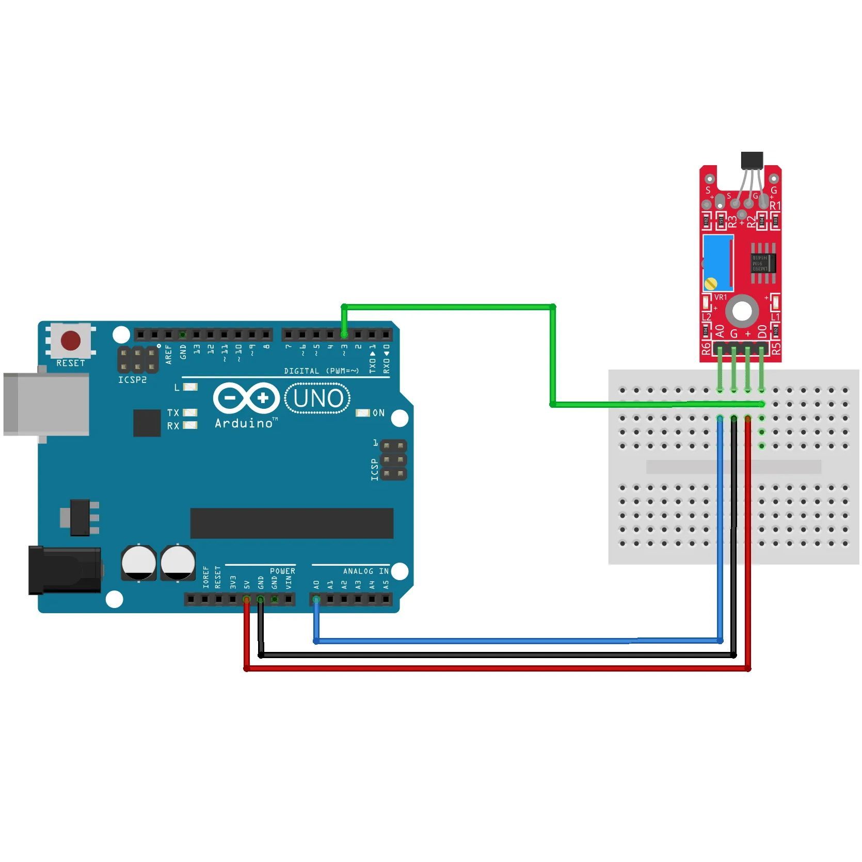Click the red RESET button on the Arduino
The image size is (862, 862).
click(x=71, y=341)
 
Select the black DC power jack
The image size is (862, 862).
click(x=65, y=570)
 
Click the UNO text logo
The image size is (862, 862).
click(x=318, y=398)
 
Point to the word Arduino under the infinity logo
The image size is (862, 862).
click(x=244, y=423)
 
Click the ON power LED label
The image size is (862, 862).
click(x=378, y=413)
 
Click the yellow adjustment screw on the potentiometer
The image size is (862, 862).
click(x=711, y=283)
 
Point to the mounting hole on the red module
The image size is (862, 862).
click(x=742, y=311)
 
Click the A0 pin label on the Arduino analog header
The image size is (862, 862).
click(x=316, y=585)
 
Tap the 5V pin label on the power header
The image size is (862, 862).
click(x=247, y=585)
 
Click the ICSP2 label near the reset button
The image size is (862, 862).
click(x=132, y=380)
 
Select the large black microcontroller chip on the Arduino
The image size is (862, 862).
click(x=292, y=523)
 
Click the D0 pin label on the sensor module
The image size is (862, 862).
click(x=762, y=331)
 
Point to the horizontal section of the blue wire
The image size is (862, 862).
click(x=516, y=641)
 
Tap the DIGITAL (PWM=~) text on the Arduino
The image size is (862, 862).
click(x=321, y=371)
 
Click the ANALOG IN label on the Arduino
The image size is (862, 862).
click(x=365, y=571)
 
